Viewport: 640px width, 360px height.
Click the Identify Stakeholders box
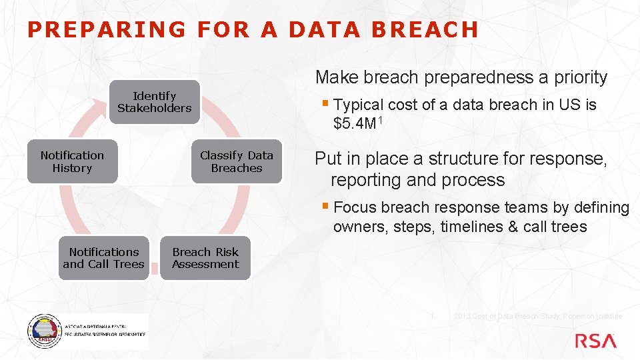[x=155, y=102]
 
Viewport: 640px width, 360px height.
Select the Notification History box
[x=72, y=161]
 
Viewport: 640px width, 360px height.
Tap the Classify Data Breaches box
[x=237, y=161]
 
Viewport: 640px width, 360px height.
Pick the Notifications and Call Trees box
[x=103, y=258]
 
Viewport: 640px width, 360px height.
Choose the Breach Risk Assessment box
[x=205, y=258]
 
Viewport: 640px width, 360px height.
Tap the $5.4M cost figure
[x=356, y=123]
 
